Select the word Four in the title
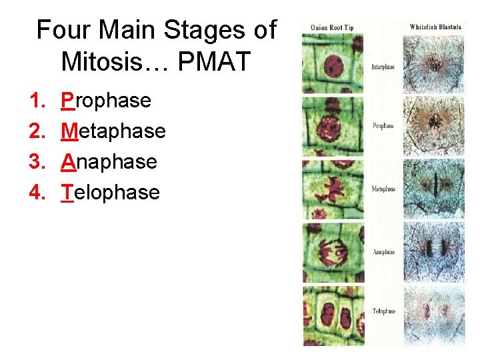pyautogui.click(x=61, y=30)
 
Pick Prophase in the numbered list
pyautogui.click(x=106, y=101)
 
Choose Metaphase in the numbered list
pyautogui.click(x=113, y=131)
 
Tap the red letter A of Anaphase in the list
pyautogui.click(x=67, y=162)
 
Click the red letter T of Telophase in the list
pyautogui.click(x=66, y=193)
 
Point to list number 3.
pyautogui.click(x=35, y=162)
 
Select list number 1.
pyautogui.click(x=35, y=101)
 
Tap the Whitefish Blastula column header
pyautogui.click(x=435, y=27)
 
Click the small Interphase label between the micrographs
pyautogui.click(x=383, y=67)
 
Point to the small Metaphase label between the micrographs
pyautogui.click(x=383, y=189)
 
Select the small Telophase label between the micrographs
pyautogui.click(x=383, y=311)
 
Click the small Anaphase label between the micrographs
pyautogui.click(x=383, y=252)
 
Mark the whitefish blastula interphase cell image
pyautogui.click(x=435, y=63)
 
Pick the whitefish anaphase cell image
pyautogui.click(x=435, y=248)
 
